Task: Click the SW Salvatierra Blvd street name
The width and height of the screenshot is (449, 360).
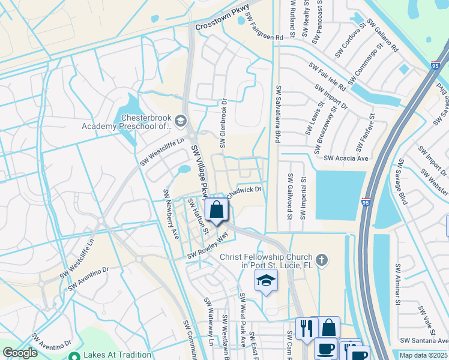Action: (278, 114)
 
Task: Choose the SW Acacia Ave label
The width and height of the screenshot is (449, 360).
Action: (346, 158)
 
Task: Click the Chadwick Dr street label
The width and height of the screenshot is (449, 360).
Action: (244, 191)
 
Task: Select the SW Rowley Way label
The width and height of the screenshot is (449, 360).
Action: (208, 247)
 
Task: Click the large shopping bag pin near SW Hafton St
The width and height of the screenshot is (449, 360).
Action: (217, 210)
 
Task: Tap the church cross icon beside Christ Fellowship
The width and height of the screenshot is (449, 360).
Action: (322, 260)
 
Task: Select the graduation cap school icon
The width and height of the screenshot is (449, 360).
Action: (266, 280)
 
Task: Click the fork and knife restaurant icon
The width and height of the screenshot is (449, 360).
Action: (306, 328)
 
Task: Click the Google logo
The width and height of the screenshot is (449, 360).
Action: (20, 353)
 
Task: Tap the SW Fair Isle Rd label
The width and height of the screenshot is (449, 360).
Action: (328, 77)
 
